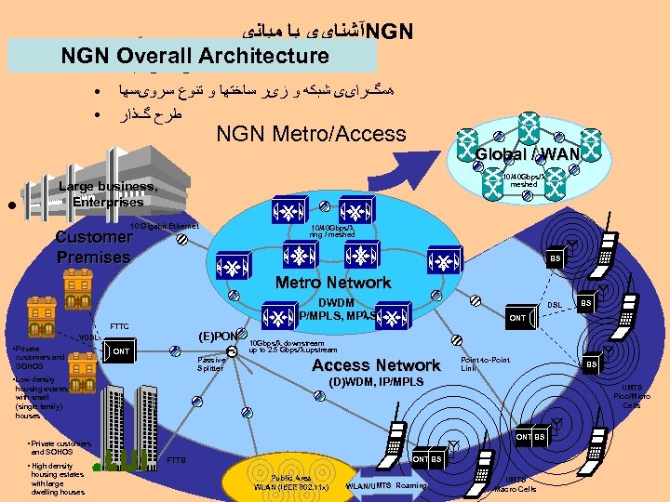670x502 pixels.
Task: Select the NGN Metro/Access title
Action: tap(311, 134)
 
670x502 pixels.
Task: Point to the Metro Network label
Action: tap(333, 283)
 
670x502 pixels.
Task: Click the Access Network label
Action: tap(376, 365)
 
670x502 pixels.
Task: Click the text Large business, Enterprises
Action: tap(107, 194)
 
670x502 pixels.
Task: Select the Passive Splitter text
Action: tap(210, 364)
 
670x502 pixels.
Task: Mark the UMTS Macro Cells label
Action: tap(515, 484)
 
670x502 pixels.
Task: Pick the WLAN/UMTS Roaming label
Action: tap(385, 485)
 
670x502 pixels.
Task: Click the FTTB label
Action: tap(175, 460)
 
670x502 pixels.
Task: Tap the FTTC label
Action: tap(119, 326)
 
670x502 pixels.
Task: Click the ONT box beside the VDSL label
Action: tap(120, 351)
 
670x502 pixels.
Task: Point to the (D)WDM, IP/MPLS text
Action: tap(376, 382)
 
